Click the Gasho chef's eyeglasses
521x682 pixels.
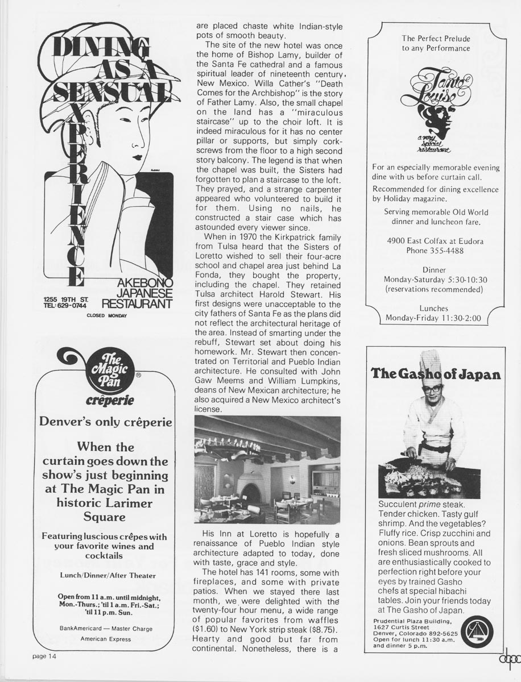[x=433, y=389]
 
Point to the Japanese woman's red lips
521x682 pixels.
[x=137, y=156]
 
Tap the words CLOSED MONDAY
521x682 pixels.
[x=107, y=315]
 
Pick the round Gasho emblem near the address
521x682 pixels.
[x=477, y=633]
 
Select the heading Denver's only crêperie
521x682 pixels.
[x=105, y=422]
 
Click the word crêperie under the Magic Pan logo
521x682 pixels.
[x=110, y=401]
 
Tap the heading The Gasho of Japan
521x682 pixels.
[x=436, y=374]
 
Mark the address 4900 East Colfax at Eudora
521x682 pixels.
[x=435, y=241]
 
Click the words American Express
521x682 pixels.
[x=106, y=639]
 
